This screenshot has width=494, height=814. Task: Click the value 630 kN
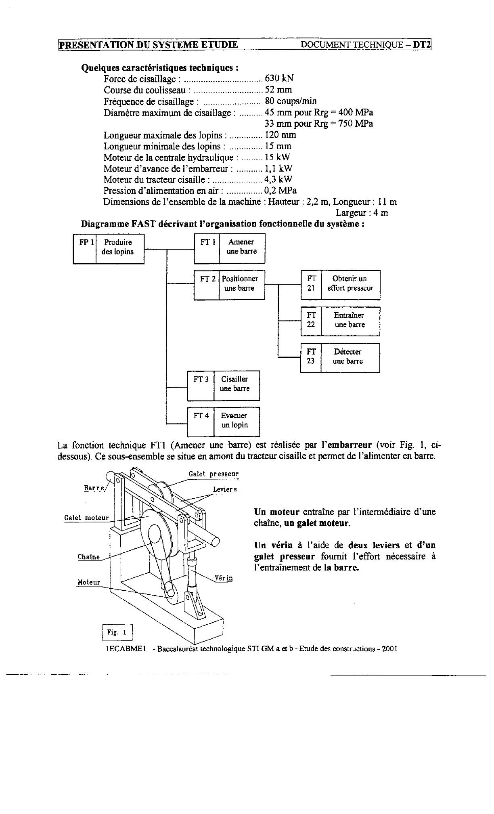click(279, 78)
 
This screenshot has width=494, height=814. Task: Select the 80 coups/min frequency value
click(291, 101)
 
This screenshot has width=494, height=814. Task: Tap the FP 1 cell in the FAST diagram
click(85, 249)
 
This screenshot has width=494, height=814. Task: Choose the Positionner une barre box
click(242, 285)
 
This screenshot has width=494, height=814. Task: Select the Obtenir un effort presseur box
click(350, 285)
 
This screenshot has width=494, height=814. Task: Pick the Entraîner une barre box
click(350, 321)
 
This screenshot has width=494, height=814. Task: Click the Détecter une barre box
click(350, 358)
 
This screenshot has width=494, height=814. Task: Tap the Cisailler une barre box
click(237, 386)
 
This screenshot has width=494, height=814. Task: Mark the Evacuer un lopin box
click(237, 422)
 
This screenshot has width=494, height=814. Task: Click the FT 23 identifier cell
click(311, 358)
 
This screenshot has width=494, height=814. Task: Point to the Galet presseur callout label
click(214, 474)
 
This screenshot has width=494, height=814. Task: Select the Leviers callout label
click(225, 489)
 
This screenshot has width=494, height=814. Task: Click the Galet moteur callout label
click(86, 518)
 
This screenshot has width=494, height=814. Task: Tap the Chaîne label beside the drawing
click(88, 557)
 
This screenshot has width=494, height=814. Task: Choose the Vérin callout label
click(224, 578)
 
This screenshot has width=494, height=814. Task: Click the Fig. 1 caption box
click(117, 633)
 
